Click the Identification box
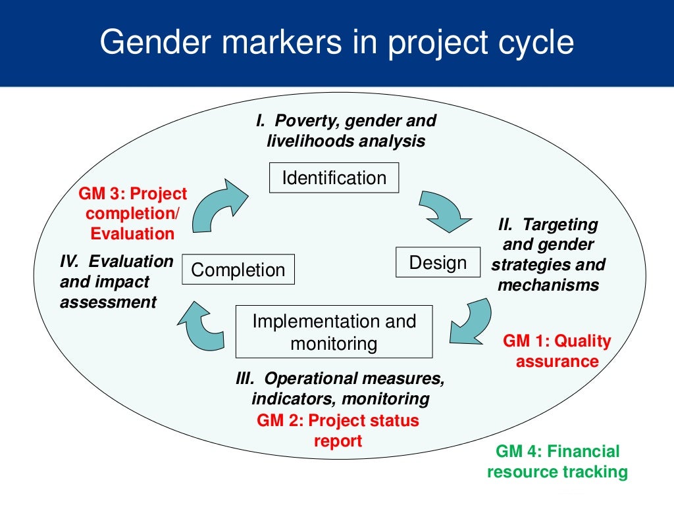click(x=334, y=178)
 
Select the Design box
click(x=438, y=262)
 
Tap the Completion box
click(x=238, y=270)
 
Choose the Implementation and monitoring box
click(x=334, y=332)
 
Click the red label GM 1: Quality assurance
click(x=557, y=351)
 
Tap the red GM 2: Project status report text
click(x=338, y=430)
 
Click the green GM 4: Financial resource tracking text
click(x=557, y=461)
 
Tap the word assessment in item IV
click(x=109, y=302)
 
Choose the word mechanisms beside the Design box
click(x=548, y=285)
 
